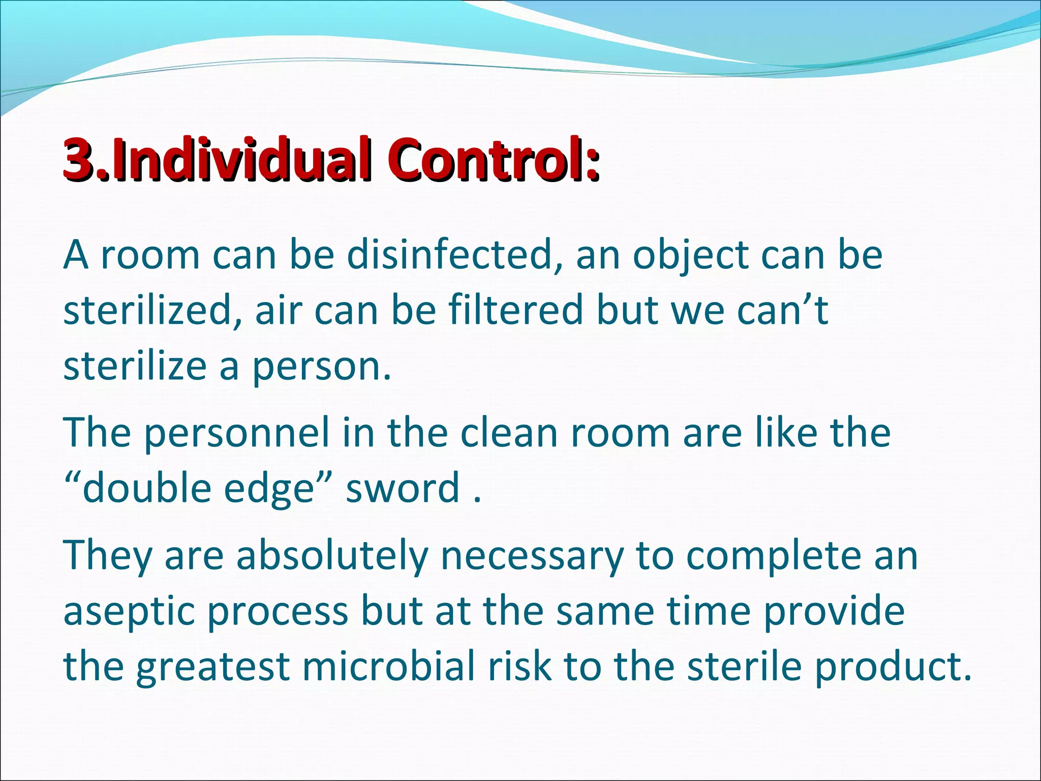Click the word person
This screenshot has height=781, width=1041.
(321, 367)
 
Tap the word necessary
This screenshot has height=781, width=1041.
(532, 556)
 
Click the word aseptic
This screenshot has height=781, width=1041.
(129, 612)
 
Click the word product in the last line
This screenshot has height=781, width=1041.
(892, 667)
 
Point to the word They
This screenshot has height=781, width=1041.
(107, 556)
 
